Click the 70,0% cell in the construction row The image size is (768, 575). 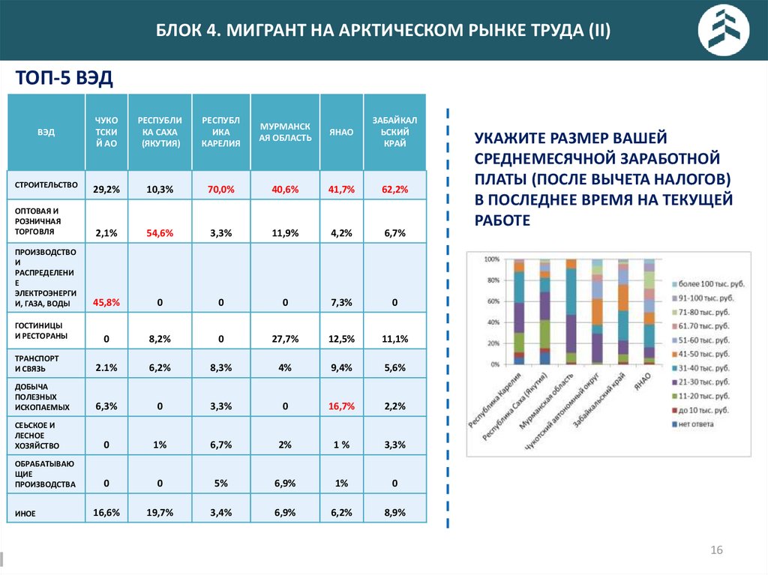[x=221, y=190]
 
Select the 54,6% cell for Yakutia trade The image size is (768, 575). [x=160, y=233]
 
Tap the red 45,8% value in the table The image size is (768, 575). [x=106, y=302]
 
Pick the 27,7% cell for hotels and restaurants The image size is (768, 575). [x=285, y=339]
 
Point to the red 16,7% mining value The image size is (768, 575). [x=341, y=406]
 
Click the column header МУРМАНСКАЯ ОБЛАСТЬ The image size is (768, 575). [x=285, y=132]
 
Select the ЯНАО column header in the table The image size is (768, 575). [x=341, y=132]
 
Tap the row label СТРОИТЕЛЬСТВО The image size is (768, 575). [x=46, y=184]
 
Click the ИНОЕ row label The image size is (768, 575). [x=25, y=514]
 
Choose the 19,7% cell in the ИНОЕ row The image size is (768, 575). [x=160, y=513]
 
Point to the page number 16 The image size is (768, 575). [x=716, y=551]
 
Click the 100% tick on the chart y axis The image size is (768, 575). [x=492, y=259]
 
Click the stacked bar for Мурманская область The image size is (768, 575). [x=571, y=311]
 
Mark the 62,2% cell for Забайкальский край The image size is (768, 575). [x=394, y=190]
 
